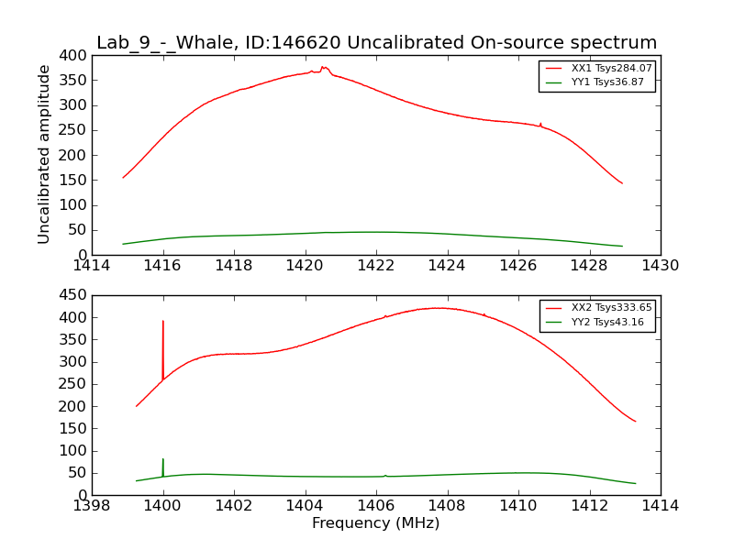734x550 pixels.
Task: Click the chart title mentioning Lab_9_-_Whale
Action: (376, 43)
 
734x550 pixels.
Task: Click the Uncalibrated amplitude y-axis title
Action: (44, 154)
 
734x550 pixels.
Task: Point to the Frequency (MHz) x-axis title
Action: (376, 523)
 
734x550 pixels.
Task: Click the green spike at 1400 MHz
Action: (163, 464)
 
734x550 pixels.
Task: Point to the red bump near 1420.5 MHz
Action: (324, 68)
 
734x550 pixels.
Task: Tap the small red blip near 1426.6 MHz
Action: (540, 124)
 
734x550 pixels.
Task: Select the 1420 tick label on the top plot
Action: (305, 266)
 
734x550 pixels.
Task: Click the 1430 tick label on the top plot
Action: (661, 266)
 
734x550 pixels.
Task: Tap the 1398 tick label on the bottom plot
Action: (92, 506)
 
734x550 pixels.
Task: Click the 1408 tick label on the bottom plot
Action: (447, 506)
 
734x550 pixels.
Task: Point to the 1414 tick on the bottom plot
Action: (661, 506)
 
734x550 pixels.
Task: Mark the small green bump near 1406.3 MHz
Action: (385, 476)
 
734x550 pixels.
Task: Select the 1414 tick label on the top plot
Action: (92, 266)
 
